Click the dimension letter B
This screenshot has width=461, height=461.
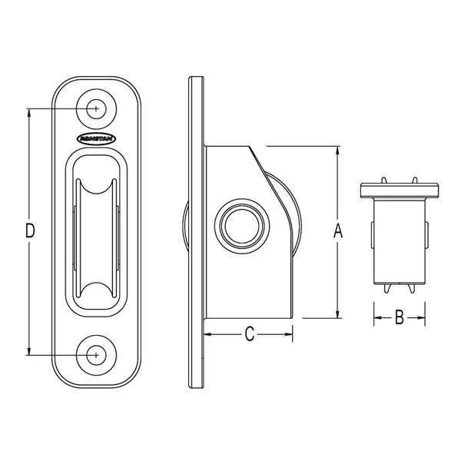399,317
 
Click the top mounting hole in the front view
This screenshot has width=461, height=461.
95,109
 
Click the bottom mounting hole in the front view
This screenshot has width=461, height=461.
95,354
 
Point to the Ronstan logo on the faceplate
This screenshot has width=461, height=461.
95,139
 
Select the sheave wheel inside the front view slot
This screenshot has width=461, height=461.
95,230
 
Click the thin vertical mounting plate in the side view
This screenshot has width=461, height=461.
197,230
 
